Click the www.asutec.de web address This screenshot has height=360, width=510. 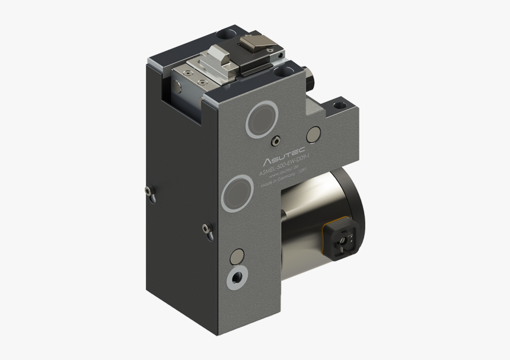pos(282,177)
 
